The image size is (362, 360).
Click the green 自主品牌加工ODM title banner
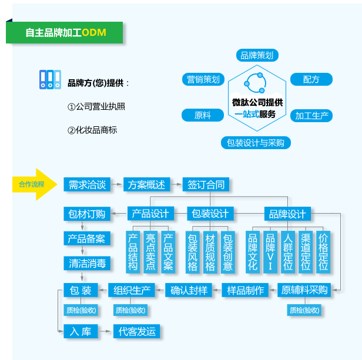(65, 32)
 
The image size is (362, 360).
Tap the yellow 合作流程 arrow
(35, 184)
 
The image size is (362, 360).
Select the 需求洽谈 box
(87, 184)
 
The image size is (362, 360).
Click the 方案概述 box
(146, 184)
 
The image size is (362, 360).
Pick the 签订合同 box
(206, 184)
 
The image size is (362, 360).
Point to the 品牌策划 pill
(257, 55)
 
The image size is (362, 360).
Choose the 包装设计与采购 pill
(256, 143)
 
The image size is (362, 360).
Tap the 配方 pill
(311, 79)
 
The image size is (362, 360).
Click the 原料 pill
(203, 115)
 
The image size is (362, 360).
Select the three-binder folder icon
(50, 80)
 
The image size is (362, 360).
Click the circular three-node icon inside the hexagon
(255, 83)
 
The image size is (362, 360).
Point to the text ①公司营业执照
(96, 107)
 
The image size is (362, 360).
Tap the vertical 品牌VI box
(270, 252)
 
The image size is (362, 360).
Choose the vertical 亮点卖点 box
(150, 252)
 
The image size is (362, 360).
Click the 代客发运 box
(137, 331)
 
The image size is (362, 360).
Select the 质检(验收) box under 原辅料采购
(304, 310)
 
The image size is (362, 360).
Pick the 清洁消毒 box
(87, 263)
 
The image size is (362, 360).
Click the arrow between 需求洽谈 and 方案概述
(116, 184)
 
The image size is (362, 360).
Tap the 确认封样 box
(189, 290)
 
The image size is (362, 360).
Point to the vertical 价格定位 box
(323, 252)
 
